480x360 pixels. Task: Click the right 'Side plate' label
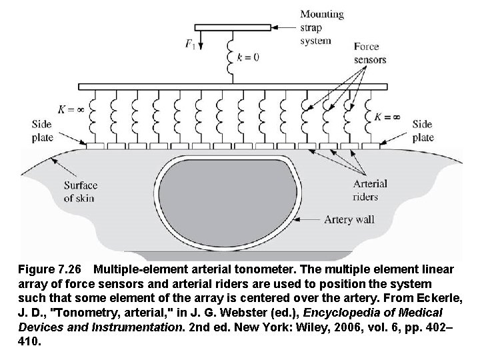(423, 131)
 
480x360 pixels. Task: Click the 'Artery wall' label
(348, 218)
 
